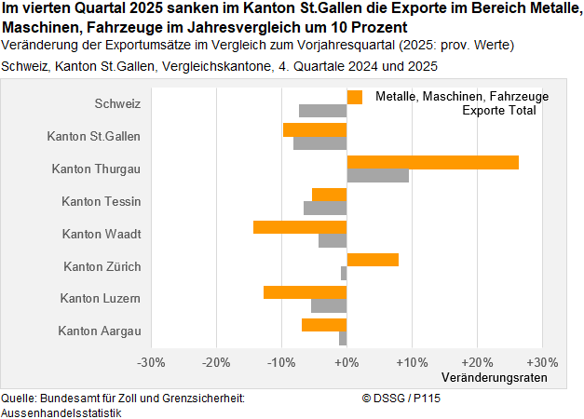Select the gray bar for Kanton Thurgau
tap(377, 176)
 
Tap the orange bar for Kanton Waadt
tap(300, 227)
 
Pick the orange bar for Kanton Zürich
tap(373, 260)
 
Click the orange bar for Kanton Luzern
tap(305, 292)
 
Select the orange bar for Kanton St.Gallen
tap(315, 129)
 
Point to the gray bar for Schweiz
tap(322, 111)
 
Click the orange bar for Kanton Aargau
tap(324, 325)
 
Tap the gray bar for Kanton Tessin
tap(325, 209)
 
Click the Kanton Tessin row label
tap(101, 201)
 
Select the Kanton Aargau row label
tap(99, 331)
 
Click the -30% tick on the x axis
tap(151, 361)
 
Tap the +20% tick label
tap(477, 361)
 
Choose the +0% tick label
tap(346, 361)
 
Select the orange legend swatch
tap(354, 97)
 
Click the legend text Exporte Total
tap(499, 111)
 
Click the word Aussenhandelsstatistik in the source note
tap(61, 411)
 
